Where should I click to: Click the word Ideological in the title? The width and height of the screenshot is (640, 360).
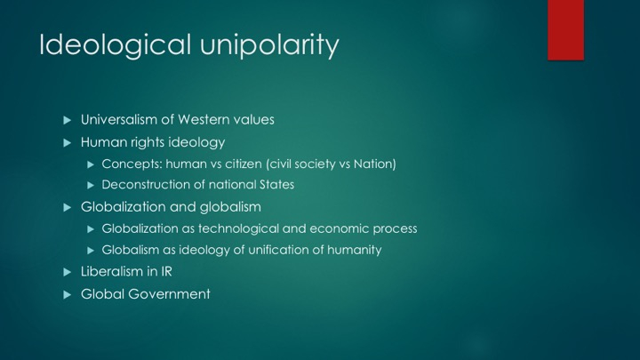click(x=115, y=45)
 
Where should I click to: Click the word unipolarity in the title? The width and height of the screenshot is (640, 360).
click(x=269, y=45)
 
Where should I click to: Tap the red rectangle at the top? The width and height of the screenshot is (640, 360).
click(x=565, y=30)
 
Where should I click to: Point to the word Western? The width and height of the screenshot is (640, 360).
click(x=204, y=120)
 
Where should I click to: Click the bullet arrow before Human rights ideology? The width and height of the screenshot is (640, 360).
click(x=68, y=143)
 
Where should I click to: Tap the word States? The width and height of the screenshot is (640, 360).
click(x=276, y=185)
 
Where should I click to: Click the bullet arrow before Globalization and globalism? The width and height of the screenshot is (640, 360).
click(x=68, y=208)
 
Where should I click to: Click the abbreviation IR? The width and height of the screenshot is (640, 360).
click(x=166, y=271)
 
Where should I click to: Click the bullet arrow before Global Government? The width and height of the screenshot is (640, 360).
click(x=68, y=295)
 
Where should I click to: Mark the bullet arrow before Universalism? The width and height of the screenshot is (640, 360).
click(x=68, y=120)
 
